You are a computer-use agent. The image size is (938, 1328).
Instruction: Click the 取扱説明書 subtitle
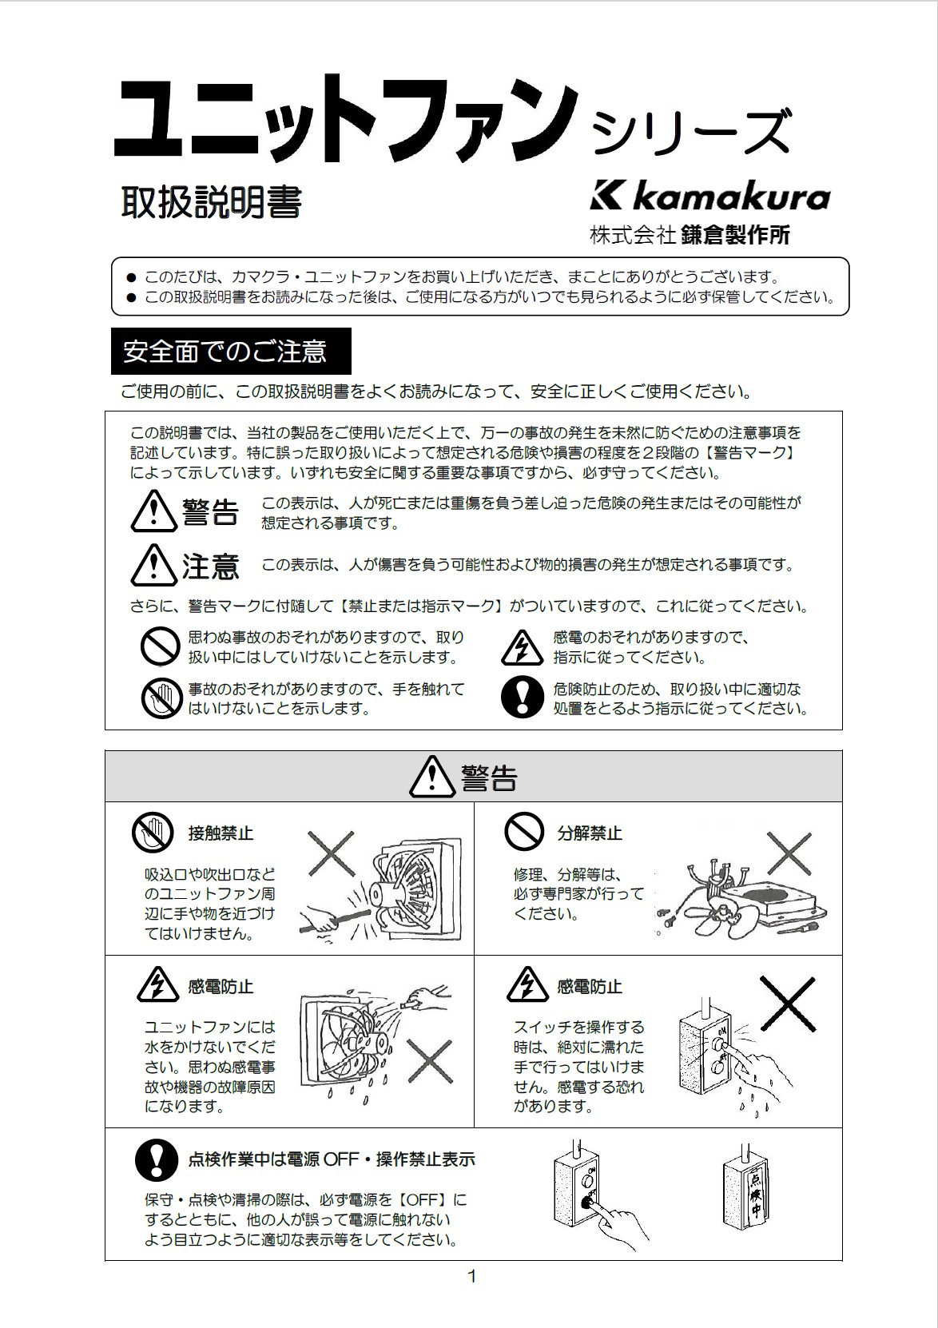211,202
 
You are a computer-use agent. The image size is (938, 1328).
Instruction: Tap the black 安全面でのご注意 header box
231,351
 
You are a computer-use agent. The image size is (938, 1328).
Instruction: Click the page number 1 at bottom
471,1276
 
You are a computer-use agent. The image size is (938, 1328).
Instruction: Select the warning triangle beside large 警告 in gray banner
431,777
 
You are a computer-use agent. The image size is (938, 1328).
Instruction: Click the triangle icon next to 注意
153,565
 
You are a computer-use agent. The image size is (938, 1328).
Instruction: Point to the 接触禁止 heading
221,833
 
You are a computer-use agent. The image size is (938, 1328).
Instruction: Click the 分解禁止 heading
590,833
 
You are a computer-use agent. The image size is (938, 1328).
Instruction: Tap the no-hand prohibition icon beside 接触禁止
153,833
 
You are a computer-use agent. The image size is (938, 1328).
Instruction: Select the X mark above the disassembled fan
789,853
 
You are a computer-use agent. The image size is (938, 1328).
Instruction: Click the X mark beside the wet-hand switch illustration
787,1003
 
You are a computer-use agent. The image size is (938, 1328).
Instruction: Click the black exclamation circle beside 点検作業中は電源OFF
156,1159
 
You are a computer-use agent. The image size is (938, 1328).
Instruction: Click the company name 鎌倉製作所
735,235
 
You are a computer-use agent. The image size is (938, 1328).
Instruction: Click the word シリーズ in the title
692,132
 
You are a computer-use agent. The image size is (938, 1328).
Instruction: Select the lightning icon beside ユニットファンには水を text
157,985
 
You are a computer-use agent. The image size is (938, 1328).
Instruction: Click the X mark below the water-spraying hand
430,1063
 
